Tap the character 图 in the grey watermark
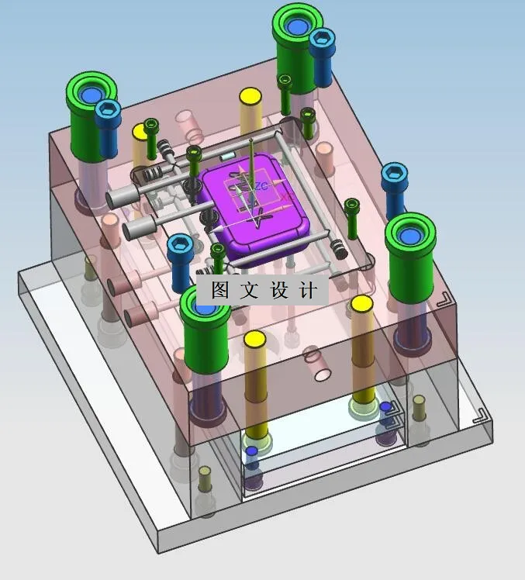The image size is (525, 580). pyautogui.click(x=220, y=290)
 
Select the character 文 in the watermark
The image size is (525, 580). pyautogui.click(x=249, y=290)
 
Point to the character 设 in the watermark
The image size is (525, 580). pyautogui.click(x=279, y=290)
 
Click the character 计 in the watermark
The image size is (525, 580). pyautogui.click(x=308, y=290)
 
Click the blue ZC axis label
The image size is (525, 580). pyautogui.click(x=261, y=186)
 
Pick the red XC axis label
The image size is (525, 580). pyautogui.click(x=286, y=198)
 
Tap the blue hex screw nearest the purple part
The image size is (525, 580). pyautogui.click(x=181, y=261)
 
